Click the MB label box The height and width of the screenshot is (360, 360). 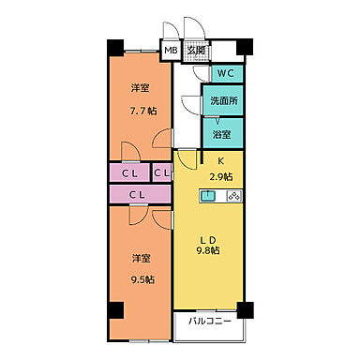point(172,52)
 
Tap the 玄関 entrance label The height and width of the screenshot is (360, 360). point(195,52)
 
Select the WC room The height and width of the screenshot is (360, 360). point(226,73)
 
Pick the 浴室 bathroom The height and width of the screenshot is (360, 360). point(223,133)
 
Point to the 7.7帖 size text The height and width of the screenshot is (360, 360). point(142,111)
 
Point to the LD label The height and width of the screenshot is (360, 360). point(209,235)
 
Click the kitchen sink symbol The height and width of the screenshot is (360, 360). point(209,197)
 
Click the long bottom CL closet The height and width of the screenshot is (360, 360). point(137,194)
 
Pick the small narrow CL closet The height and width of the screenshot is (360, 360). point(161,173)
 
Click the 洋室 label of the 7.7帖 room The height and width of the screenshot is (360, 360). point(142,88)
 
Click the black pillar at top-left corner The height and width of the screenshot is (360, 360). point(113,46)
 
